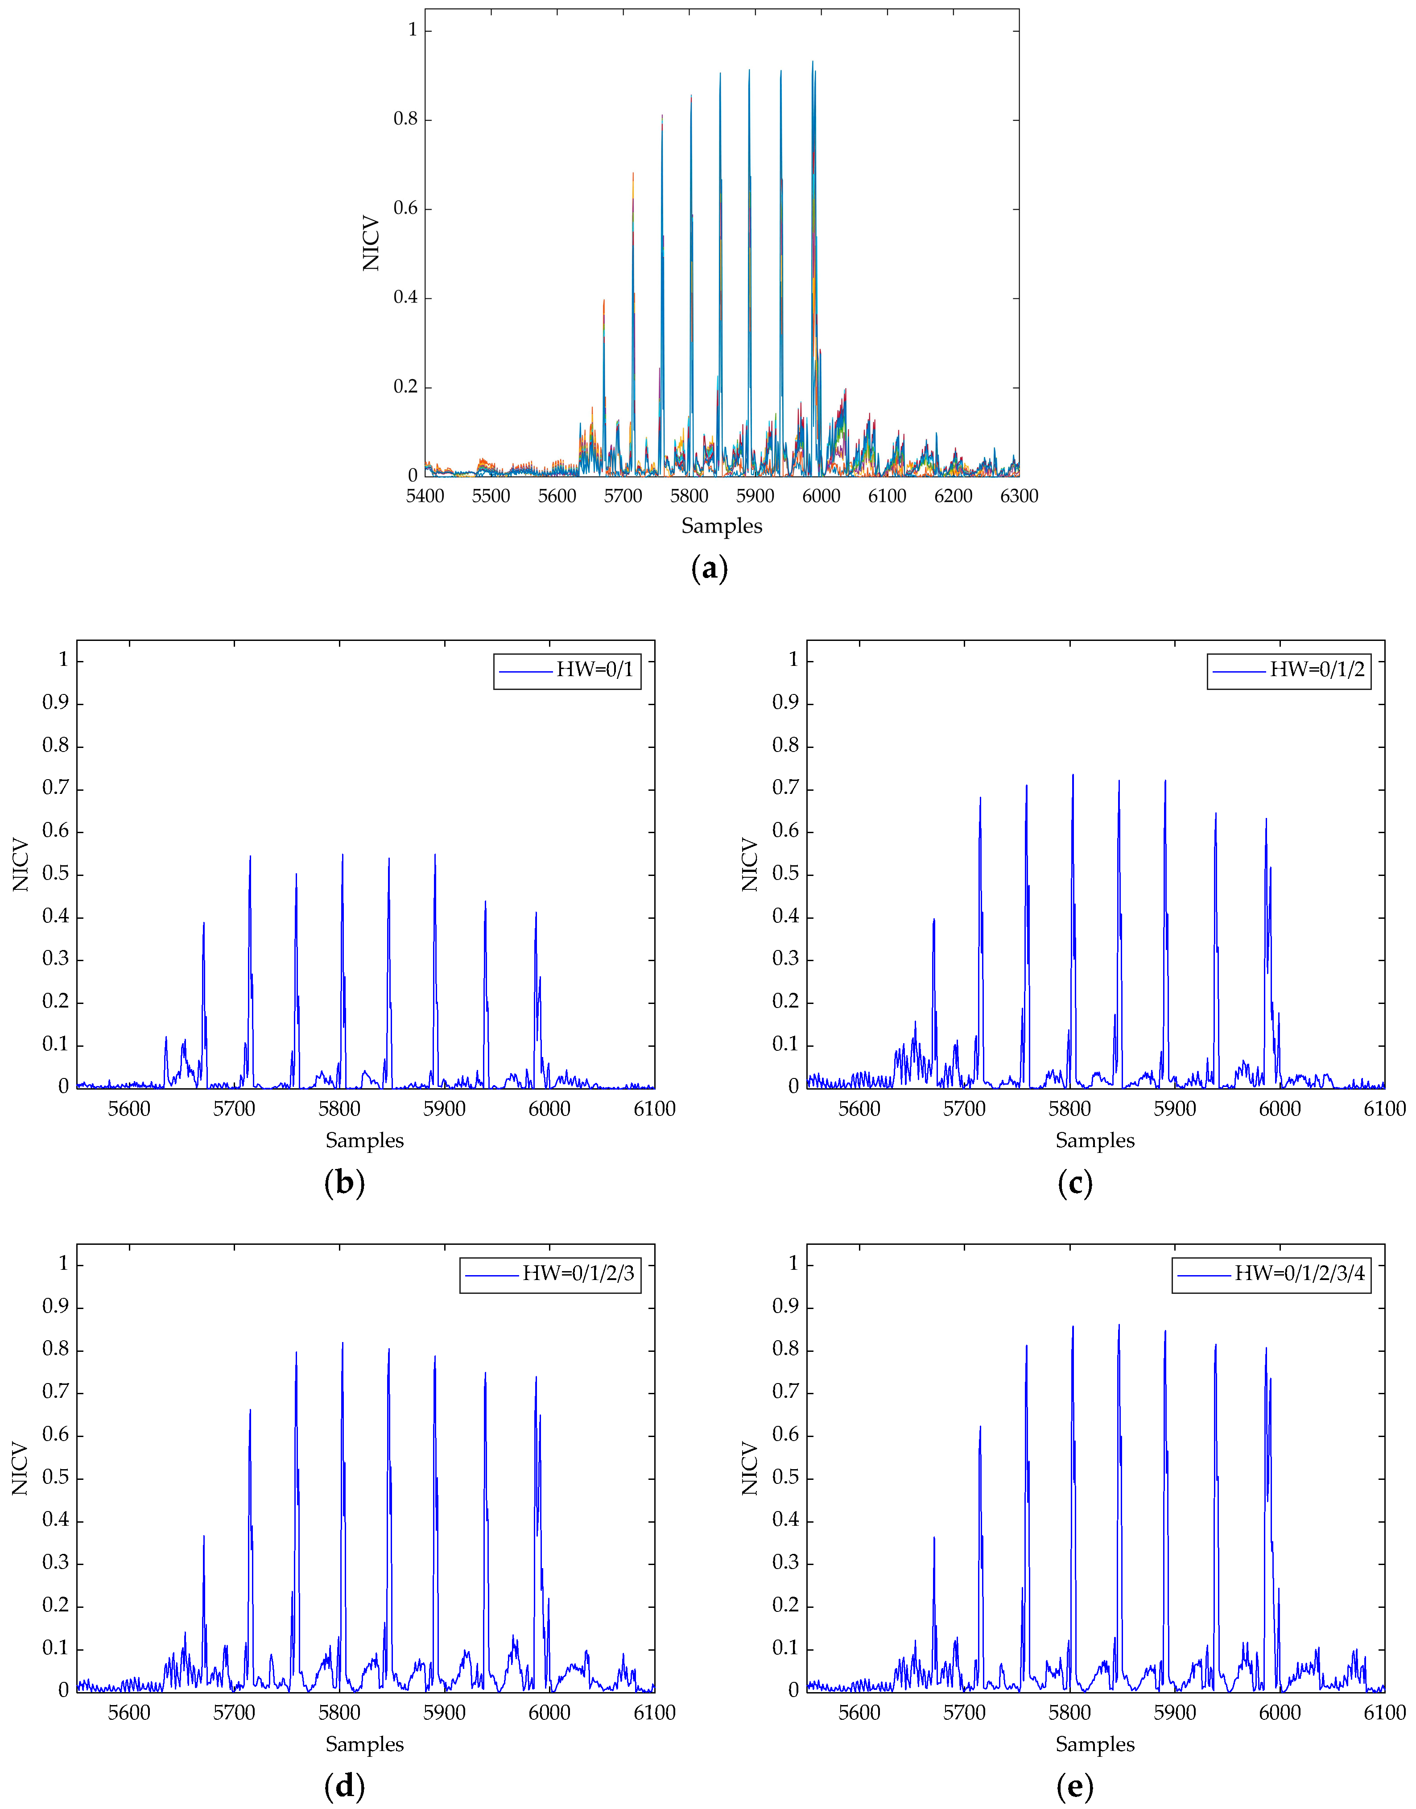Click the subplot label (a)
pos(709,569)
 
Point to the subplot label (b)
pos(344,1182)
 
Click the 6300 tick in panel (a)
pos(1019,496)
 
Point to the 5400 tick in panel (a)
pos(425,496)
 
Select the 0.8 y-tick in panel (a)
pos(405,120)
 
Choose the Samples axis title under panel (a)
pos(721,526)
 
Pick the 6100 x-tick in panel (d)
pos(654,1713)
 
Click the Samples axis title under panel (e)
pos(1094,1744)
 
